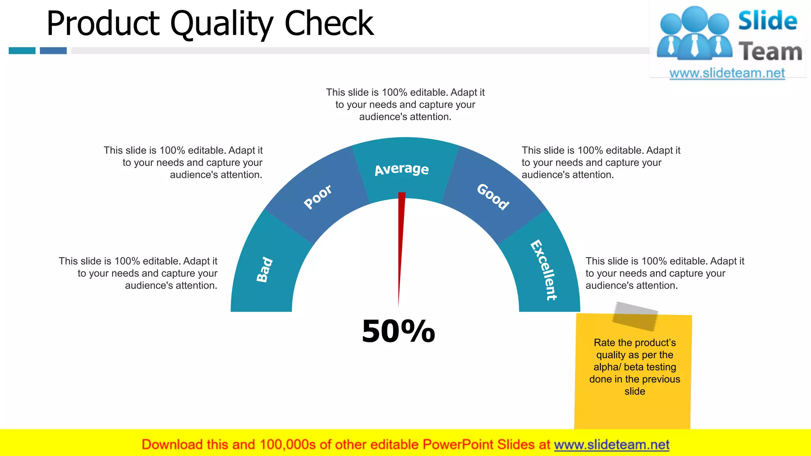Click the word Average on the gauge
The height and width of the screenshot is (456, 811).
click(x=402, y=169)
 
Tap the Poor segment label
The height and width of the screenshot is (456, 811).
click(x=318, y=196)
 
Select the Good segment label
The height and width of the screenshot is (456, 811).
click(x=493, y=196)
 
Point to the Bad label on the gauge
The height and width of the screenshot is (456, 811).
click(x=265, y=270)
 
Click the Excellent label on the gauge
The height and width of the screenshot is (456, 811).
click(x=544, y=270)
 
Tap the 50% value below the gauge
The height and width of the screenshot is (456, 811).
click(x=398, y=331)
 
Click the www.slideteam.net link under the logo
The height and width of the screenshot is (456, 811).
click(x=727, y=73)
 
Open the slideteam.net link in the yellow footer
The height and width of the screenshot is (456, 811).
click(x=611, y=445)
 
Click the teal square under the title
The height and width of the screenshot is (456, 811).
click(x=22, y=51)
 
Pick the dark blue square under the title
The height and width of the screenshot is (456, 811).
click(x=53, y=51)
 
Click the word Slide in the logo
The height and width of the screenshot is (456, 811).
click(x=767, y=21)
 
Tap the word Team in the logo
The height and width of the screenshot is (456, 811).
click(x=770, y=52)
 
